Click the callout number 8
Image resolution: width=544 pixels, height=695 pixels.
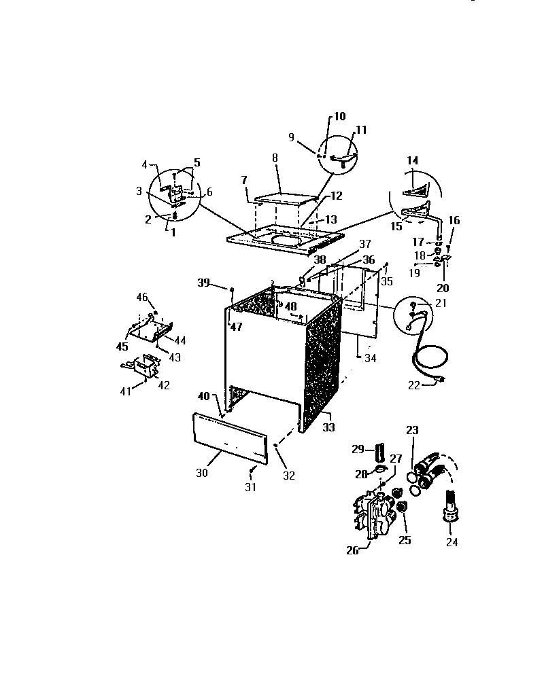tap(275, 158)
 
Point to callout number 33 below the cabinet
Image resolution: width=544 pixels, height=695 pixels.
tap(328, 428)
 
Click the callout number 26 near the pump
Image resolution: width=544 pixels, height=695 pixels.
tap(352, 550)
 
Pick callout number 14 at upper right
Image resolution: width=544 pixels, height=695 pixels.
tap(412, 160)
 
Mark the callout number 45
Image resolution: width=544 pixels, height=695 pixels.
tap(122, 346)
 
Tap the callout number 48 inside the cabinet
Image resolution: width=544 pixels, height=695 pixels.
tap(291, 307)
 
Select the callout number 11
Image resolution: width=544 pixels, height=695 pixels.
tap(360, 130)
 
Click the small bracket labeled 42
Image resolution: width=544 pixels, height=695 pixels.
tap(145, 368)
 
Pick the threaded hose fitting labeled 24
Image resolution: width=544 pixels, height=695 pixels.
tap(449, 506)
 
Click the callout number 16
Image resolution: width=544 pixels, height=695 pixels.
tap(454, 220)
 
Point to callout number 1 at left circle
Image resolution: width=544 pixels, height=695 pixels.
tap(171, 232)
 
